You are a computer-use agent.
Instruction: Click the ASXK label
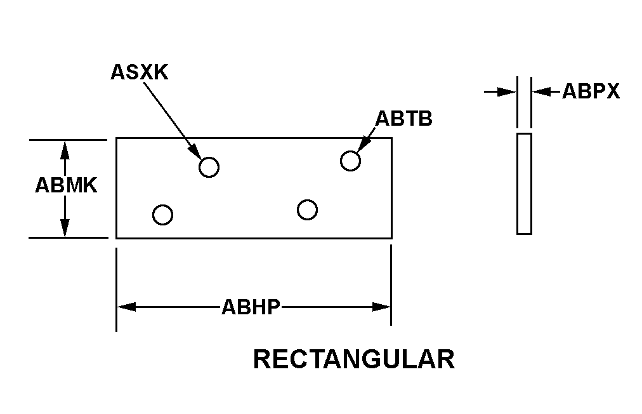(139, 72)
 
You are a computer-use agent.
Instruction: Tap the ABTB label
(403, 118)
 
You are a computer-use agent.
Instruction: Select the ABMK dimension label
(65, 185)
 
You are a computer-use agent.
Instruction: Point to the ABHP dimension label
(251, 307)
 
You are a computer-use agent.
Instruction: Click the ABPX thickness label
(591, 91)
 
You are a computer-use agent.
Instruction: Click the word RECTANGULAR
(353, 359)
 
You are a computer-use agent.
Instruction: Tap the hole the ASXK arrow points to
(209, 167)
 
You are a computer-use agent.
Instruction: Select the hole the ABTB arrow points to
(350, 161)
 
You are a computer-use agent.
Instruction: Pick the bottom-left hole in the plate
(163, 215)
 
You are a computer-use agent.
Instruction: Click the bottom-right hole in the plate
(307, 210)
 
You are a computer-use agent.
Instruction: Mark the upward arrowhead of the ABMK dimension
(65, 149)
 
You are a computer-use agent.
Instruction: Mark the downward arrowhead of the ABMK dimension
(65, 228)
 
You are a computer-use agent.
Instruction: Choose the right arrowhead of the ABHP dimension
(381, 307)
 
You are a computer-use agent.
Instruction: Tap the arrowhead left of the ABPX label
(540, 91)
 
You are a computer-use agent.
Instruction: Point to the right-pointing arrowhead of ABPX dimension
(507, 91)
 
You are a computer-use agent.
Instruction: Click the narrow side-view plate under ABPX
(524, 184)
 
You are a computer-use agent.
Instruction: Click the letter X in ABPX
(612, 91)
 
